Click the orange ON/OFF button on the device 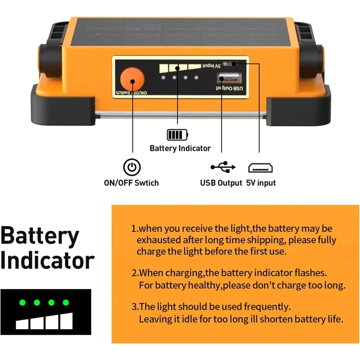coord(132,79)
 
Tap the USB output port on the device coord(229,78)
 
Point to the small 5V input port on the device coord(229,63)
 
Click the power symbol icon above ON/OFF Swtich coord(132,167)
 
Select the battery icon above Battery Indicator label coord(177,134)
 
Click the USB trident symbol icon coord(223,167)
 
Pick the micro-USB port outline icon coord(260,168)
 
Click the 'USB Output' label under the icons coord(221,183)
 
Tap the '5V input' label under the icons coord(261,183)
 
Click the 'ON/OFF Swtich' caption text coord(131,183)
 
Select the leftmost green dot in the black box coord(22,303)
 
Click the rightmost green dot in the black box coord(66,303)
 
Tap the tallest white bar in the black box coord(66,321)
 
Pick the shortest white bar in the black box coord(22,324)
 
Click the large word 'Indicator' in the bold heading coord(48,261)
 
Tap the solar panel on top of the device coord(180,32)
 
